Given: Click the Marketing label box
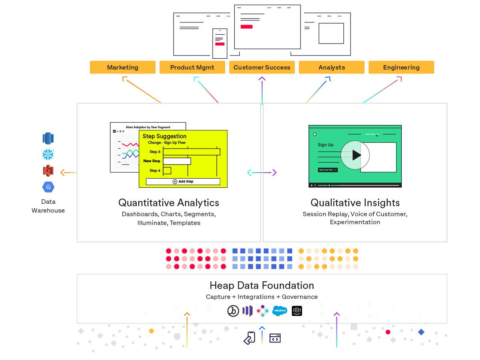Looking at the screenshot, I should tap(123, 68).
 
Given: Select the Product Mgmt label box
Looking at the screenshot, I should tap(192, 68).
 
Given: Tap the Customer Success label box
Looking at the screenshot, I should tap(262, 68).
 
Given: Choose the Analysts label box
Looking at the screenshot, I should tap(331, 68).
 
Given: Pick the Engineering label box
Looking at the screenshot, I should tap(401, 68).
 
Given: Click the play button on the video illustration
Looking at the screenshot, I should tap(355, 155).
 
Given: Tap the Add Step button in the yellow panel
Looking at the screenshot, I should tap(183, 181).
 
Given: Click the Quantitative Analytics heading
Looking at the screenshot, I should tap(169, 203).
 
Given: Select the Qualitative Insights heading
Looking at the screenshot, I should tap(355, 203).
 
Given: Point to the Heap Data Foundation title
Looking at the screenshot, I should tap(262, 285).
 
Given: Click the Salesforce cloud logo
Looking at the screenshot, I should tap(279, 311).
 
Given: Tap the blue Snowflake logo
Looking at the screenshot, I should tap(48, 155).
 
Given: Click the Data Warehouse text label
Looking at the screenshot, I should tap(48, 206).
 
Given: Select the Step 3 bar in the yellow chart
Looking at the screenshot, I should tap(191, 152).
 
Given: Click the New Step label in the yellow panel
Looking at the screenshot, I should tap(152, 161).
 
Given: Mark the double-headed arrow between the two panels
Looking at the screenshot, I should tap(262, 173).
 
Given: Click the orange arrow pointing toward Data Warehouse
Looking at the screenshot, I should tap(68, 173).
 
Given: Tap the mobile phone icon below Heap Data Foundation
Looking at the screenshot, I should tap(249, 338).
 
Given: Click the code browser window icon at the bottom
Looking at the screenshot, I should tap(275, 338).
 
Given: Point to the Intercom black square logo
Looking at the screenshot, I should tap(297, 311).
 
